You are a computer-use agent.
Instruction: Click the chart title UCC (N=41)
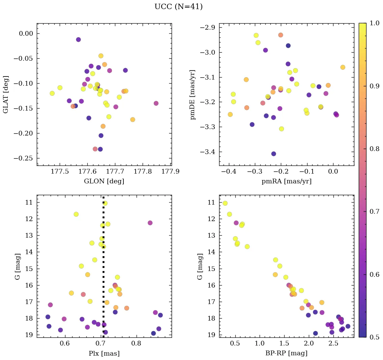point(178,7)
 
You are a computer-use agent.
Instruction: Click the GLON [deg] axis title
point(104,181)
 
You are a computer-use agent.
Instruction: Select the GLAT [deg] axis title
point(6,94)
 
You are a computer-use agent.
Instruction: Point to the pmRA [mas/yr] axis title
point(286,181)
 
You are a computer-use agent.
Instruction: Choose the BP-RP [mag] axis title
point(286,353)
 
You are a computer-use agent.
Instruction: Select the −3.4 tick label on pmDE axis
point(209,152)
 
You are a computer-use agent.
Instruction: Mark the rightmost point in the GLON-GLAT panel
point(156,103)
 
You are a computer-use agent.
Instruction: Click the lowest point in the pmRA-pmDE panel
point(273,154)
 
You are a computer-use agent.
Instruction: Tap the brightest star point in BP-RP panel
point(225,203)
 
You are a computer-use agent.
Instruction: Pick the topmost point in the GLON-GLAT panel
point(78,39)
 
